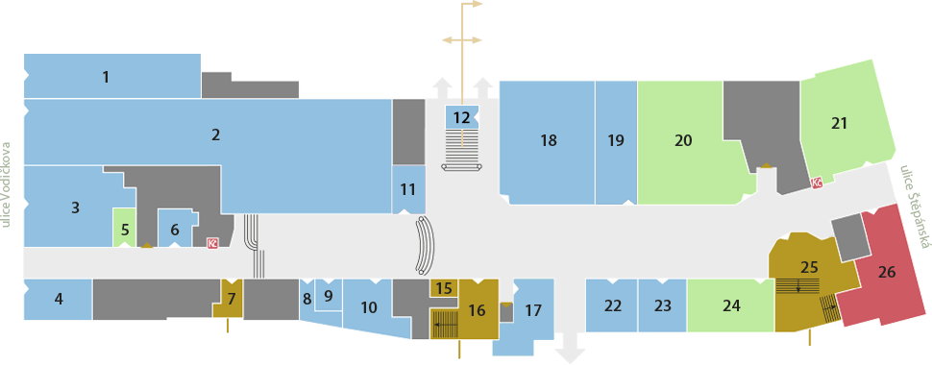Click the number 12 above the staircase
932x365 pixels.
[x=461, y=117]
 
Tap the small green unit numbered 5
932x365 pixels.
[x=124, y=227]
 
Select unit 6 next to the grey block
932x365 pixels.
[x=175, y=228]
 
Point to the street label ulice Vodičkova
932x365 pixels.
[x=7, y=184]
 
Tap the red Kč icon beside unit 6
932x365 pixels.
[x=211, y=243]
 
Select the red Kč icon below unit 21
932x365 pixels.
[x=818, y=183]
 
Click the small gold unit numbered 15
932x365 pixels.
[x=443, y=288]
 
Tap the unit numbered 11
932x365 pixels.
[x=408, y=190]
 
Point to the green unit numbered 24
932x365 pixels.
[x=731, y=305]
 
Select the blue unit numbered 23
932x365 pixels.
[x=663, y=305]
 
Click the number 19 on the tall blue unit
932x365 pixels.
[x=617, y=141]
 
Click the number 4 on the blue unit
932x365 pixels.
[x=59, y=299]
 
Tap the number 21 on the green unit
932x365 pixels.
[x=839, y=124]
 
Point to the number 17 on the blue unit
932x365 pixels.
[x=534, y=310]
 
